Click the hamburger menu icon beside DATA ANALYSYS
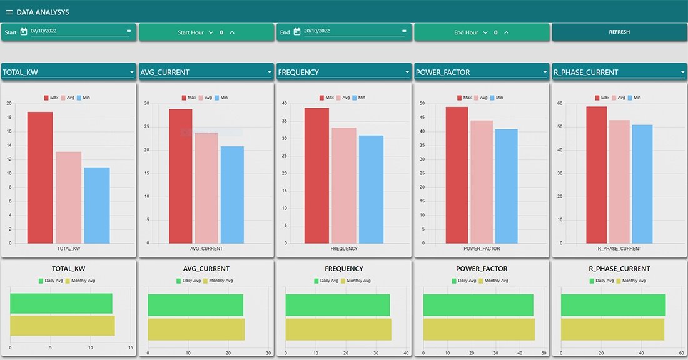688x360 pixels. tap(9, 12)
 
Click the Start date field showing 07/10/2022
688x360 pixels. tap(75, 31)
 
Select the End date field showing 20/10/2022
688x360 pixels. tap(350, 31)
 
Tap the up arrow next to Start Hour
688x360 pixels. tap(232, 32)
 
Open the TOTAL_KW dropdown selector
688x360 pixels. tap(68, 72)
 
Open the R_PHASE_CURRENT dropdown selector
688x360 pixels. tap(619, 72)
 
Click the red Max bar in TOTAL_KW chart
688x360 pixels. tap(39, 178)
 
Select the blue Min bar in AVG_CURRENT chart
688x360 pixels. tap(232, 195)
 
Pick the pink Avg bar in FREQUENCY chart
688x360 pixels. tap(344, 186)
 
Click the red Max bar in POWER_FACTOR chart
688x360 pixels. tap(457, 175)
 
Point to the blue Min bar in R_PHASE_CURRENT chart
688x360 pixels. tap(642, 184)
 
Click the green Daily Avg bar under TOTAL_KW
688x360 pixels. tap(61, 304)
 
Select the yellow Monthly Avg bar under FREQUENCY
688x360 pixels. tap(338, 329)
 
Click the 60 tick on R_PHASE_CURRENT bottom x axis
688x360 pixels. tap(681, 352)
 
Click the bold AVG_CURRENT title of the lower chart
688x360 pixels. tap(206, 269)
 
